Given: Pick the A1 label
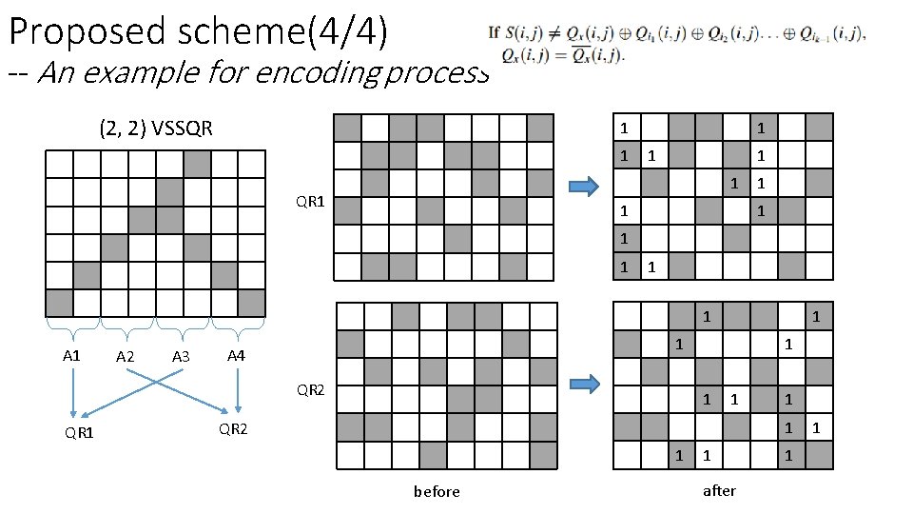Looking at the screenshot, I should click(x=71, y=355).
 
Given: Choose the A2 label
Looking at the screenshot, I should click(x=124, y=357).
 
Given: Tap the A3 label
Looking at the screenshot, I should click(x=181, y=357).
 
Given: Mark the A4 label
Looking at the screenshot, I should click(x=237, y=355).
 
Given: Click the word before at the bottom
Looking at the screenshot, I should click(x=437, y=491).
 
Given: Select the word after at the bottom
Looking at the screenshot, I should click(x=719, y=489).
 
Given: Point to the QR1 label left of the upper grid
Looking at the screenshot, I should click(x=310, y=201).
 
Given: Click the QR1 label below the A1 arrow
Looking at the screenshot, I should click(x=79, y=434).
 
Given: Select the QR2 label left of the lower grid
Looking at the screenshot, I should click(x=311, y=388).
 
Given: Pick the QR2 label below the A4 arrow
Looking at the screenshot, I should click(x=233, y=428).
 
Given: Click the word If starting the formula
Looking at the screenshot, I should click(x=494, y=33).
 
